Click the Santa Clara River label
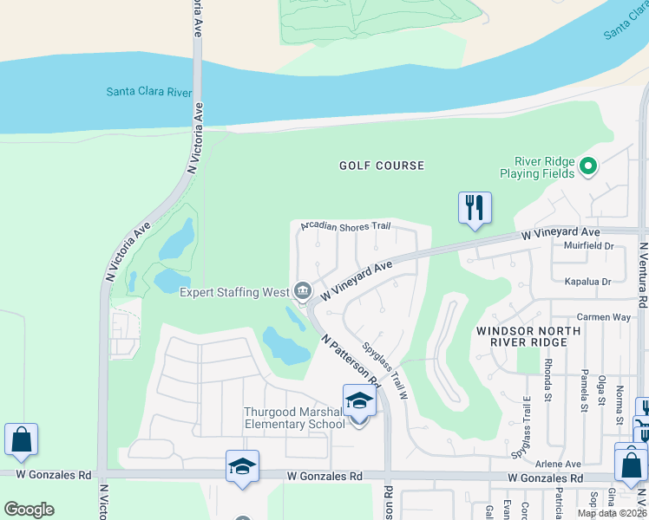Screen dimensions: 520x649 150,90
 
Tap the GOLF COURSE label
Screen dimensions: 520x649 382,166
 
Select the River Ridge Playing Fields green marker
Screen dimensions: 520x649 588,165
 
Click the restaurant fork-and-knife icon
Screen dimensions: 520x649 475,208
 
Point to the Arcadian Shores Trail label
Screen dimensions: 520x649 346,226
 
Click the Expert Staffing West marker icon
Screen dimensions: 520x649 303,290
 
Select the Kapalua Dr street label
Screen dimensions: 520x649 588,282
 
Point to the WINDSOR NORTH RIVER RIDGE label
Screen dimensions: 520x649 521,336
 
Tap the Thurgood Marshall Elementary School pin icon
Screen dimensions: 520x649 358,402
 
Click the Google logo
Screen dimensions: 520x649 29,510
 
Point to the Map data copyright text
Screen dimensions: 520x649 611,513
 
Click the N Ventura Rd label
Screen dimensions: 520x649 643,274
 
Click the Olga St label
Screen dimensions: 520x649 601,389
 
